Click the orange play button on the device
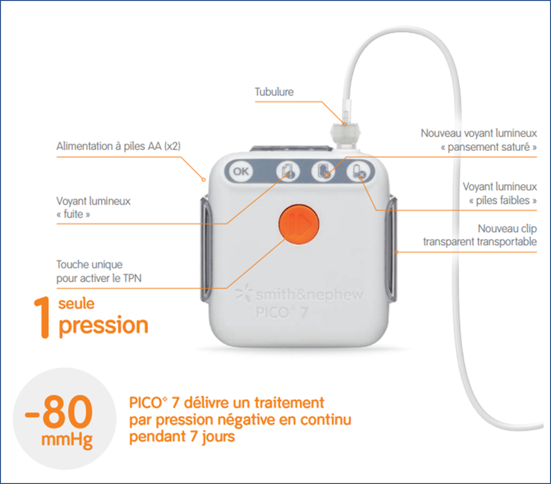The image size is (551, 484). tap(298, 224)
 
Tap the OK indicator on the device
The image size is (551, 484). tap(241, 171)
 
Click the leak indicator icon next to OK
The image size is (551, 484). tap(287, 171)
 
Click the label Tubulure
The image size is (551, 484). tap(274, 92)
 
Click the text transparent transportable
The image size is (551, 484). tap(480, 242)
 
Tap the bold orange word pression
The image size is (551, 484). tap(103, 325)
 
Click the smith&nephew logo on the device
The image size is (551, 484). tap(299, 295)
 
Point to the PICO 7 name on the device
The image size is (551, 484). tap(282, 313)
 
